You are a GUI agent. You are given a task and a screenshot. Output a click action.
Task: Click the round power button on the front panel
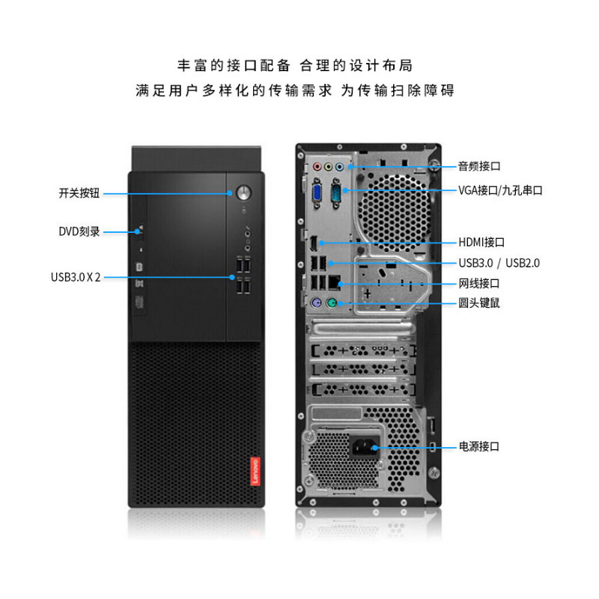pos(242,192)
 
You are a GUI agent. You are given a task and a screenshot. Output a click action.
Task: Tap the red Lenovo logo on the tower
pos(252,469)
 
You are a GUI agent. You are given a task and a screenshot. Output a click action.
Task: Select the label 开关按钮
pos(79,192)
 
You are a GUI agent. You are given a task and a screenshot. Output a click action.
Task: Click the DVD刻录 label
pos(79,231)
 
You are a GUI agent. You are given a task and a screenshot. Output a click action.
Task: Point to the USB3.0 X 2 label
pos(76,277)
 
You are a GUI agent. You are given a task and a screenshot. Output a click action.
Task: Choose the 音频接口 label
pos(479,166)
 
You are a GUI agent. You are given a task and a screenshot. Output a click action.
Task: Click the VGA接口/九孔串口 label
pos(500,190)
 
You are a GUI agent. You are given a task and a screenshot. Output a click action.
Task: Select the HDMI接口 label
pos(481,242)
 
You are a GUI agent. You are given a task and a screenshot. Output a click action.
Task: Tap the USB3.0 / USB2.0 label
pos(499,263)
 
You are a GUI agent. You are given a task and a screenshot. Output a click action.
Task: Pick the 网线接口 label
pos(479,283)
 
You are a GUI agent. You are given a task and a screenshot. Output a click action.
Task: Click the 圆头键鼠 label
pos(479,303)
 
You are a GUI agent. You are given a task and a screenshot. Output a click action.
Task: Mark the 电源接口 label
pos(479,446)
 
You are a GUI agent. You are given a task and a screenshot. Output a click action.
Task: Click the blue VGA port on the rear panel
pos(317,194)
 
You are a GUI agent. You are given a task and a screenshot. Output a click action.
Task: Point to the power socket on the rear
pos(362,447)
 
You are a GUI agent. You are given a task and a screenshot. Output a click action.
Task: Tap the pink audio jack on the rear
pos(317,168)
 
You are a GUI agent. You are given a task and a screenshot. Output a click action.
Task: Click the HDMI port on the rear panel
pos(315,243)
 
